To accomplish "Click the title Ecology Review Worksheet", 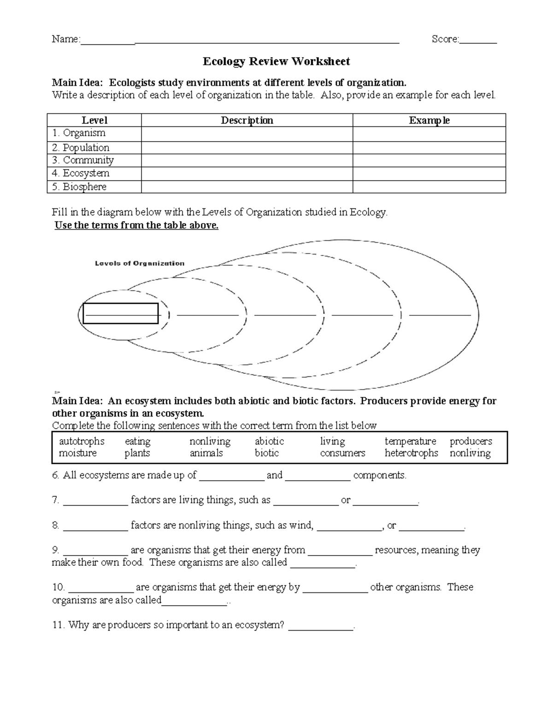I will point(276,61).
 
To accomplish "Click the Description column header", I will point(247,120).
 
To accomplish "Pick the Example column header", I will point(429,120).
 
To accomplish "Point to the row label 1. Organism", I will point(79,133).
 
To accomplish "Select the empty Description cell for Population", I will point(247,148).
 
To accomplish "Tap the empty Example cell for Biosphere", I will point(429,187).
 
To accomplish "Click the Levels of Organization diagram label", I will point(140,263).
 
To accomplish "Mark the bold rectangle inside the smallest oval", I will point(120,314).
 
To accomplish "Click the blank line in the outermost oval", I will point(440,315).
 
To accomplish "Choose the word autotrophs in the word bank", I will point(82,441).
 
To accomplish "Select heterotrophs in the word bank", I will point(411,453).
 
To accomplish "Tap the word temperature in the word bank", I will point(410,441).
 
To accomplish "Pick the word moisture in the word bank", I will point(77,453).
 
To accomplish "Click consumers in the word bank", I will point(342,453).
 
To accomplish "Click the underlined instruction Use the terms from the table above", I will point(136,225).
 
